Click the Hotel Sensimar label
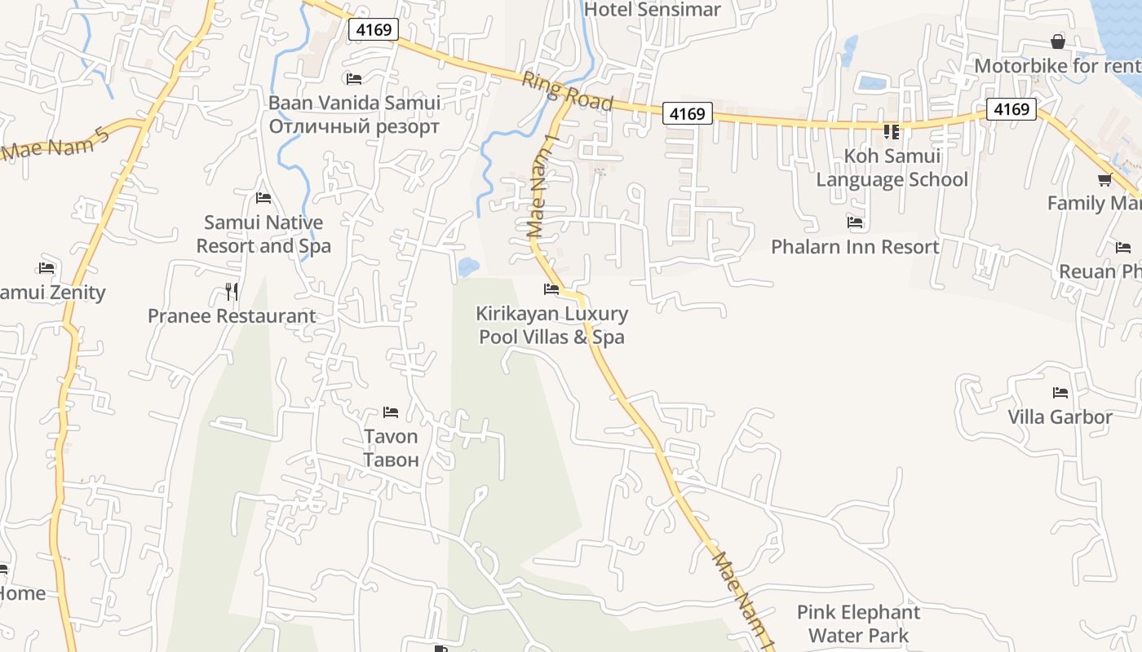coord(653,10)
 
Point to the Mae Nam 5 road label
coord(55,142)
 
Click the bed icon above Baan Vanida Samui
coord(354,79)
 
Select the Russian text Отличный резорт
coord(354,126)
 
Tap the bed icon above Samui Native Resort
coord(263,198)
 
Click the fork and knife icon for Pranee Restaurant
coord(232,292)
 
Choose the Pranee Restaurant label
coord(232,316)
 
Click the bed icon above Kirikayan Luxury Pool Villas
coord(551,289)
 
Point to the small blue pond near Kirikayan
coord(467,267)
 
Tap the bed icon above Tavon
coord(391,413)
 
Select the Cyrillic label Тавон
coord(391,460)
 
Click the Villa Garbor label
coord(1060,417)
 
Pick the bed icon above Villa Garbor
coord(1060,393)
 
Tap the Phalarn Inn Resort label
coord(855,246)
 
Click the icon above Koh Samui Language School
coord(891,131)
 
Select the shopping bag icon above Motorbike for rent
coord(1058,42)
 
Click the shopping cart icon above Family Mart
coord(1104,180)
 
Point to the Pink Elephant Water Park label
coord(858,623)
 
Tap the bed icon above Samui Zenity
coord(46,268)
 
